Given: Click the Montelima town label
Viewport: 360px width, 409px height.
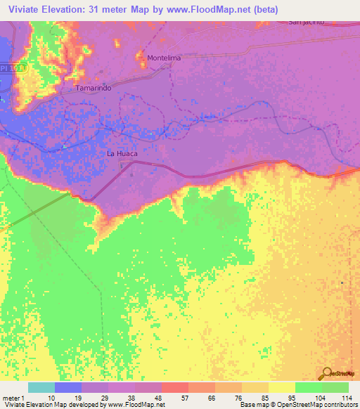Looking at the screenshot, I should tap(163, 58).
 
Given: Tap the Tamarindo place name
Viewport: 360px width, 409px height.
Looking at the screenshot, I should tap(93, 89).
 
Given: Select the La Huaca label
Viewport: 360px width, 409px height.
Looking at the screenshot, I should tap(122, 152).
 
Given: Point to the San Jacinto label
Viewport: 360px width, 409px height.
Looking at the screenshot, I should tap(306, 22).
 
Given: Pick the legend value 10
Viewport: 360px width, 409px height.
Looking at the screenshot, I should tap(51, 398).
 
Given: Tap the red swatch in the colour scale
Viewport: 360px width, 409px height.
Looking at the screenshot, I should tap(174, 387).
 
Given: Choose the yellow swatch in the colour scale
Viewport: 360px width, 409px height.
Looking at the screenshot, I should tap(281, 387).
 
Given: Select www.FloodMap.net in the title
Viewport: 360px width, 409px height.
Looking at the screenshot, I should tap(212, 10).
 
